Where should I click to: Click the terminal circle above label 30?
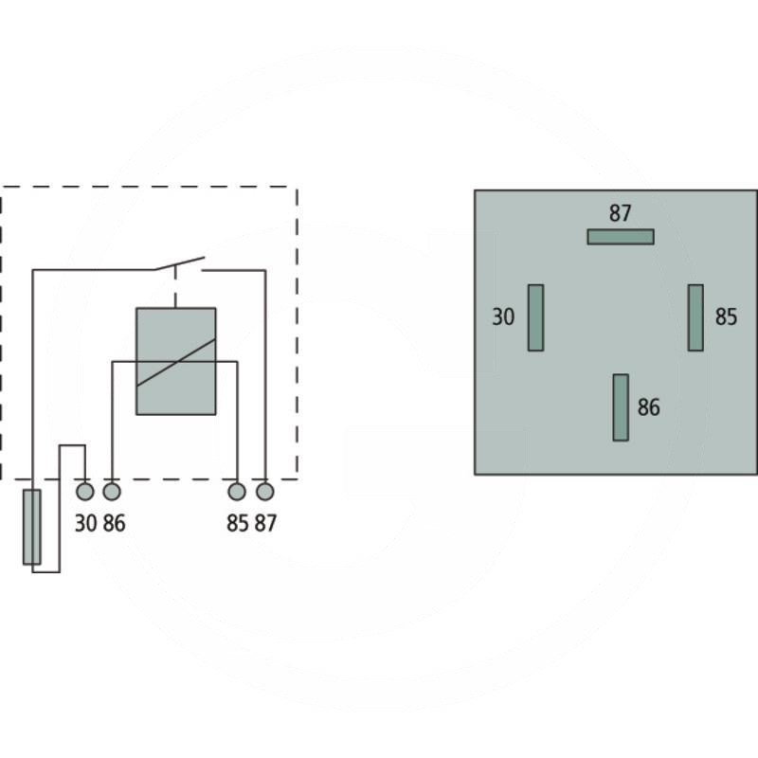pyautogui.click(x=85, y=492)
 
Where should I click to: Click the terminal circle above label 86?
pyautogui.click(x=112, y=492)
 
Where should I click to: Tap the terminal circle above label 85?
pyautogui.click(x=237, y=492)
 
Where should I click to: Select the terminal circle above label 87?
pyautogui.click(x=265, y=492)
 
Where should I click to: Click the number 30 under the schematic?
pyautogui.click(x=85, y=523)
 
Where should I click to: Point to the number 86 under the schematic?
pyautogui.click(x=114, y=523)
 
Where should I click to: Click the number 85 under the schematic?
pyautogui.click(x=237, y=523)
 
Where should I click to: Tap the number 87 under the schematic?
pyautogui.click(x=265, y=523)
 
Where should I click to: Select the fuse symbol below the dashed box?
pyautogui.click(x=32, y=527)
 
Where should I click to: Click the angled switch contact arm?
pyautogui.click(x=180, y=262)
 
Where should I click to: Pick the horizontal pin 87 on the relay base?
pyautogui.click(x=621, y=237)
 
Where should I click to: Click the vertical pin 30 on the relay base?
pyautogui.click(x=535, y=317)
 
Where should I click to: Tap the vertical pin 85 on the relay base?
pyautogui.click(x=695, y=317)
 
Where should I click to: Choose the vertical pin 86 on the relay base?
pyautogui.click(x=621, y=407)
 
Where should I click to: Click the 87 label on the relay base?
pyautogui.click(x=621, y=214)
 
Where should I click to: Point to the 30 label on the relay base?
pyautogui.click(x=503, y=317)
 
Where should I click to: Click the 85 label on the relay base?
pyautogui.click(x=726, y=317)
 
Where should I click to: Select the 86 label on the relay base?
pyautogui.click(x=649, y=407)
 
